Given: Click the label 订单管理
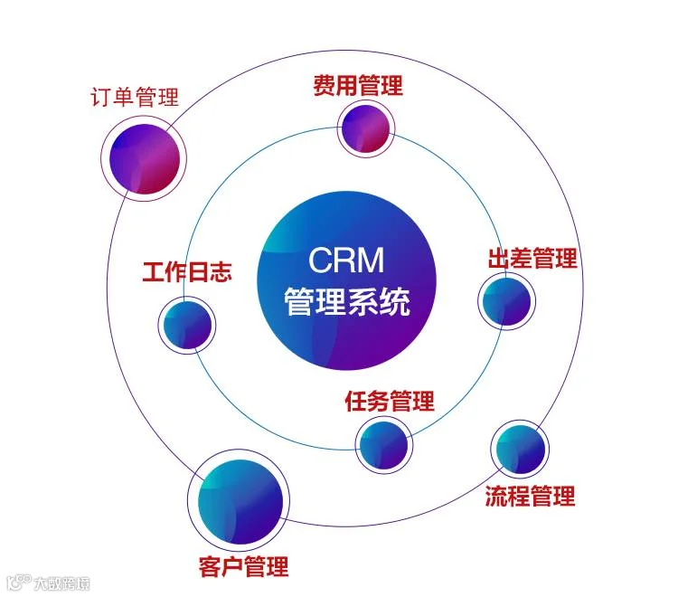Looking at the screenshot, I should [135, 97].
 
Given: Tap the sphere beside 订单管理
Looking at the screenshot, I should [145, 159].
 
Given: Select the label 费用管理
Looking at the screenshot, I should [358, 86].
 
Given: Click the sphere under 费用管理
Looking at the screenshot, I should [365, 128].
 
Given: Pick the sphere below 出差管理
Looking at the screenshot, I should [505, 301].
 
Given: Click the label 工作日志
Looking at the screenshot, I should [187, 272].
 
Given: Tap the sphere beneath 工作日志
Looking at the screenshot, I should [188, 323].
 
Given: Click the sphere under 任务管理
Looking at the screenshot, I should [383, 443].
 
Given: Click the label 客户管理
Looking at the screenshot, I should [243, 567].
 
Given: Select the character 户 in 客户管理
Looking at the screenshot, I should [232, 567].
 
